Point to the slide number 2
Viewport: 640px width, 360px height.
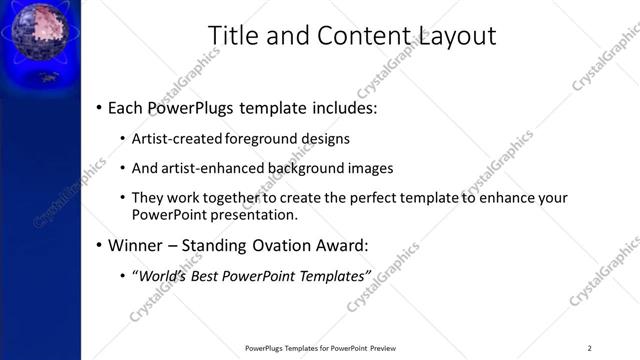(x=590, y=347)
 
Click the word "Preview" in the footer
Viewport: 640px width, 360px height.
(x=383, y=347)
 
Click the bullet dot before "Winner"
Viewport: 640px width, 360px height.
(x=98, y=245)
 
